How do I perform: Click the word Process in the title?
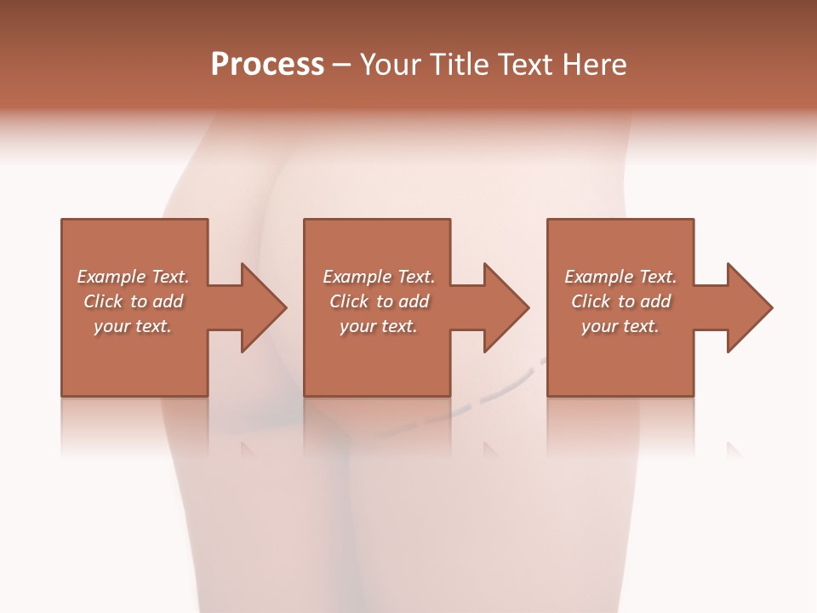click(x=267, y=65)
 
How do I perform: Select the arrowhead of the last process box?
click(x=748, y=307)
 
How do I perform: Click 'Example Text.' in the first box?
click(x=133, y=277)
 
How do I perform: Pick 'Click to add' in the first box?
click(x=133, y=301)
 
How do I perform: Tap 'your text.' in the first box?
click(x=133, y=326)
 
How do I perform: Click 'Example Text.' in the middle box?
click(x=378, y=277)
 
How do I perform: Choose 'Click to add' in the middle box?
click(x=378, y=301)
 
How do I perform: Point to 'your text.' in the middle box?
click(x=378, y=326)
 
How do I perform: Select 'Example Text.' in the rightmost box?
click(x=620, y=277)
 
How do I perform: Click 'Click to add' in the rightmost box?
click(x=620, y=301)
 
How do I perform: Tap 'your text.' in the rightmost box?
click(x=620, y=326)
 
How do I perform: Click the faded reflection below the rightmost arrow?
click(x=734, y=448)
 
